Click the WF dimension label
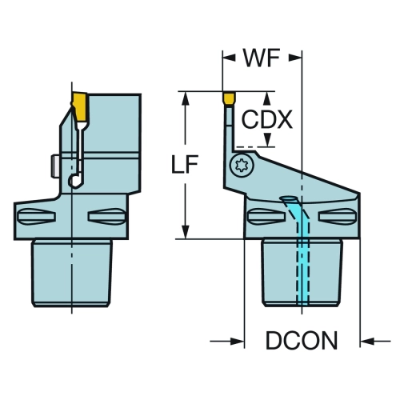click(262, 58)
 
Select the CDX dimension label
click(266, 120)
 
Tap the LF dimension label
click(185, 164)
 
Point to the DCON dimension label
click(302, 340)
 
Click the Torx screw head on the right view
click(242, 166)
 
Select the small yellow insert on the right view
click(229, 98)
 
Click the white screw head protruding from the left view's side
click(55, 166)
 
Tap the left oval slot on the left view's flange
click(36, 216)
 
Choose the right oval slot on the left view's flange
click(106, 216)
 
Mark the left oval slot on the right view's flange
click(266, 216)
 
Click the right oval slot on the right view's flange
click(338, 216)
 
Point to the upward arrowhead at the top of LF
click(186, 98)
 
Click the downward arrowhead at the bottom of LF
click(186, 232)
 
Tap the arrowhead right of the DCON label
click(367, 341)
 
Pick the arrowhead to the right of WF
click(295, 58)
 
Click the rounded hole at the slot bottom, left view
click(75, 181)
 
